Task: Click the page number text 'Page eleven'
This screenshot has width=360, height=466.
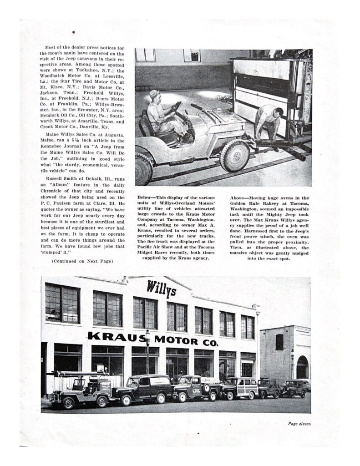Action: (299, 424)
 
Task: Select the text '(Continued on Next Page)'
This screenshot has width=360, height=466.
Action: (82, 261)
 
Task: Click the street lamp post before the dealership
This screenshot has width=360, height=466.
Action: (147, 360)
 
